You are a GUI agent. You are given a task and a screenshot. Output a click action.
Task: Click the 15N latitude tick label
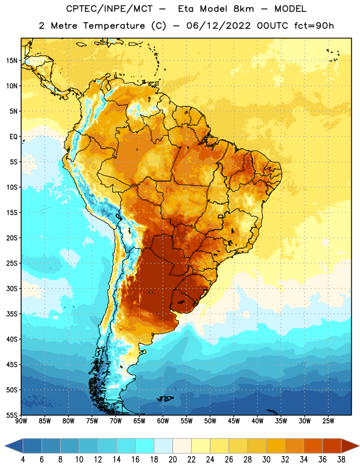click(x=12, y=61)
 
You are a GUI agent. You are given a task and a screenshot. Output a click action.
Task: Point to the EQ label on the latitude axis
click(x=13, y=137)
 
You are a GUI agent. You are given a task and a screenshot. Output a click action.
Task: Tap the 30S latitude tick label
click(x=12, y=288)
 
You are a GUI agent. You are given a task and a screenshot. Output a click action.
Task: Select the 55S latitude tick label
click(x=12, y=415)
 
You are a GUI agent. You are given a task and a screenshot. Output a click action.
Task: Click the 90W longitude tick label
click(x=21, y=421)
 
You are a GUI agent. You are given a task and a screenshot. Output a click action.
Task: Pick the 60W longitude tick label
click(x=163, y=421)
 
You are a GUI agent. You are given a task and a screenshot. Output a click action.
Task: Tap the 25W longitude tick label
click(x=328, y=421)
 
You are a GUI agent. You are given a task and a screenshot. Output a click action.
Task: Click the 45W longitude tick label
click(x=234, y=421)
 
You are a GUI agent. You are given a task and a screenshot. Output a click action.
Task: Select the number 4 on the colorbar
click(x=23, y=460)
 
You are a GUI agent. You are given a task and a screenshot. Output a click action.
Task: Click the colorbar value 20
click(x=172, y=460)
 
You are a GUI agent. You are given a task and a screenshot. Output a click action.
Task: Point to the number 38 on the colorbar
click(x=341, y=460)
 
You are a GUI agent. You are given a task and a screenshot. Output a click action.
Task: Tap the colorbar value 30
click(x=266, y=460)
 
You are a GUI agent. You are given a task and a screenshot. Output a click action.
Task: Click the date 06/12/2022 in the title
click(x=218, y=26)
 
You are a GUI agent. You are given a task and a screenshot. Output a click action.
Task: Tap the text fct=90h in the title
click(x=314, y=26)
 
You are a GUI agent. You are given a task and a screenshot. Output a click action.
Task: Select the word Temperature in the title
click(x=114, y=26)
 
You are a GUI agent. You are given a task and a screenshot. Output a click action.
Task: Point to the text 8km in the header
click(x=243, y=9)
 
